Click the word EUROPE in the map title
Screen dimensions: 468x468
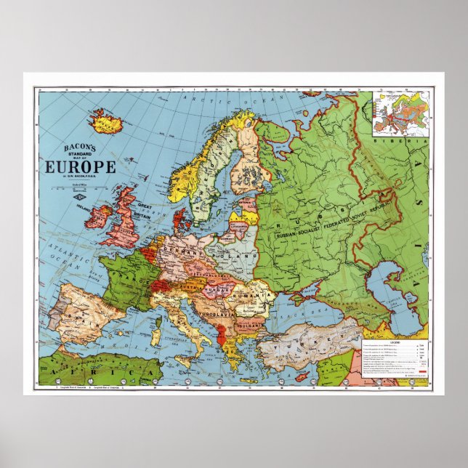(81, 166)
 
